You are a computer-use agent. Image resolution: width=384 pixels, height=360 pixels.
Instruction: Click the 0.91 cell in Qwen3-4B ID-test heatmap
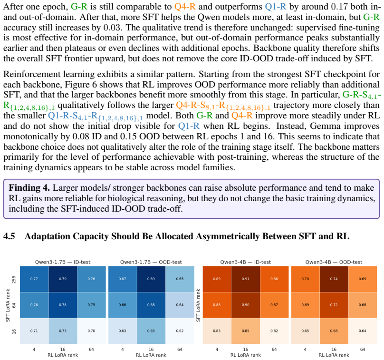[x=246, y=279]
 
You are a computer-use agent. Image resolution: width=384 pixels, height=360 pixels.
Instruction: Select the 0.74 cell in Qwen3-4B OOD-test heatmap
[x=334, y=279]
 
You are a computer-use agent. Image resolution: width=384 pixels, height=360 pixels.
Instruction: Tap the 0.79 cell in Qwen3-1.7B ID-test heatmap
[x=63, y=279]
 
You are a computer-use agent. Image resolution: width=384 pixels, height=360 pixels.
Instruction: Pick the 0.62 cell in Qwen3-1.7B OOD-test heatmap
[x=180, y=331]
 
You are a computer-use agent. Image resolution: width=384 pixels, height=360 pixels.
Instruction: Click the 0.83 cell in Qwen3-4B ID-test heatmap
[x=217, y=331]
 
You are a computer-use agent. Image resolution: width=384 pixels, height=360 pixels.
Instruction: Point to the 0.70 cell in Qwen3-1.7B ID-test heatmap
[x=91, y=331]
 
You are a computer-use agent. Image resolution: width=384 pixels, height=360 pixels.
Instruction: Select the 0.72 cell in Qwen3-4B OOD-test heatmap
[x=334, y=305]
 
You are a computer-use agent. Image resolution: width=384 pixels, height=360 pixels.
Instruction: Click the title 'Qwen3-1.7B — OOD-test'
[x=151, y=262]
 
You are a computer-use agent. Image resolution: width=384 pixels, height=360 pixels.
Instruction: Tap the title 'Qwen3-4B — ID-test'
[x=246, y=262]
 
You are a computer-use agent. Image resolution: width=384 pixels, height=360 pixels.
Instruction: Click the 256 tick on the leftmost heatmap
[x=14, y=279]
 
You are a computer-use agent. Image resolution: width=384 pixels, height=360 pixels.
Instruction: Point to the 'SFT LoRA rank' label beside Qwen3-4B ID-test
[x=198, y=305]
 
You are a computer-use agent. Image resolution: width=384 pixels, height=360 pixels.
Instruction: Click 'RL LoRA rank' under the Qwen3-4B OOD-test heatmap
[x=334, y=355]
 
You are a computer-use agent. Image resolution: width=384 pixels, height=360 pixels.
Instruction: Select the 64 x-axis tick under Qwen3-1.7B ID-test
[x=91, y=349]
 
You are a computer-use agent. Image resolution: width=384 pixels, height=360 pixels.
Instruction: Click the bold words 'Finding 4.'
[x=29, y=188]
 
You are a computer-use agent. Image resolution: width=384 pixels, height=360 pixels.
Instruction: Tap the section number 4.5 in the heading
[x=9, y=236]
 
